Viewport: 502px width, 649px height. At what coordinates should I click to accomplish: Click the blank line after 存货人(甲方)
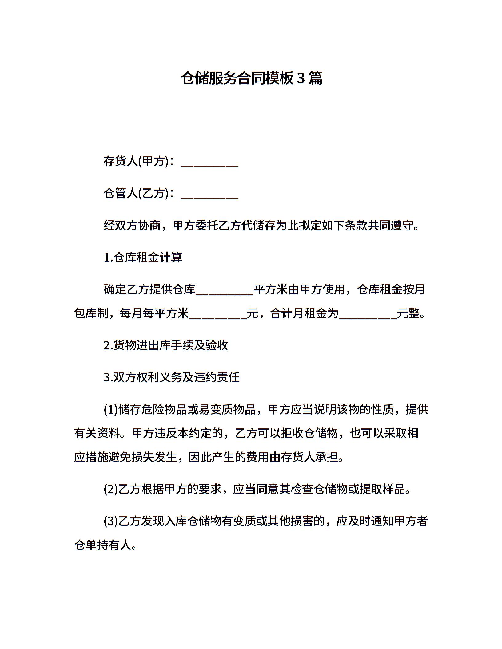209,163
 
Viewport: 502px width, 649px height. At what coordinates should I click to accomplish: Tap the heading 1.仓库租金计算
143,258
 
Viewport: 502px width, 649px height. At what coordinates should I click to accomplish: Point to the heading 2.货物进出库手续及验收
166,345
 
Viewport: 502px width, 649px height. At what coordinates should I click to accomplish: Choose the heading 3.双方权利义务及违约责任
172,377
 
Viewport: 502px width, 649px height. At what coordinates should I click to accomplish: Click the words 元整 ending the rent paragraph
408,314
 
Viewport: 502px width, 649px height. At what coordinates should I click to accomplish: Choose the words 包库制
91,314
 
